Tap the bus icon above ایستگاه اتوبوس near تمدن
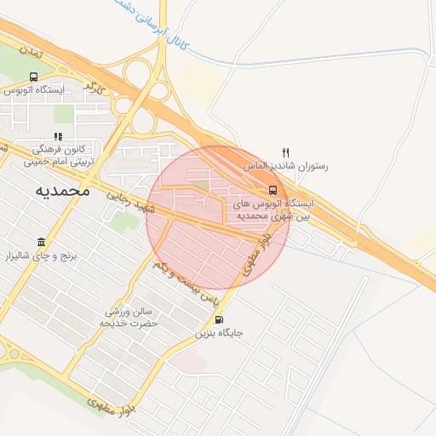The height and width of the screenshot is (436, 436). (x=33, y=77)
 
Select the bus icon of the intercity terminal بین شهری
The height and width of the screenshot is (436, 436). (x=272, y=190)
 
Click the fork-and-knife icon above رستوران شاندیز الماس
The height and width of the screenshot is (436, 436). (x=286, y=153)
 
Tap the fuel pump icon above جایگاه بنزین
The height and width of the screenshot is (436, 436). (x=221, y=320)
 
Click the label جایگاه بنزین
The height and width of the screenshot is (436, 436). (x=220, y=333)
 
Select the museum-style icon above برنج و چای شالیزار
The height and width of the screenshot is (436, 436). (x=41, y=242)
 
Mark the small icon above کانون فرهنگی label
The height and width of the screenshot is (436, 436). (x=58, y=136)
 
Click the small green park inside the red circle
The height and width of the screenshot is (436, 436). (x=199, y=184)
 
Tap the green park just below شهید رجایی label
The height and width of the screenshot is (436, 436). (x=126, y=221)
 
